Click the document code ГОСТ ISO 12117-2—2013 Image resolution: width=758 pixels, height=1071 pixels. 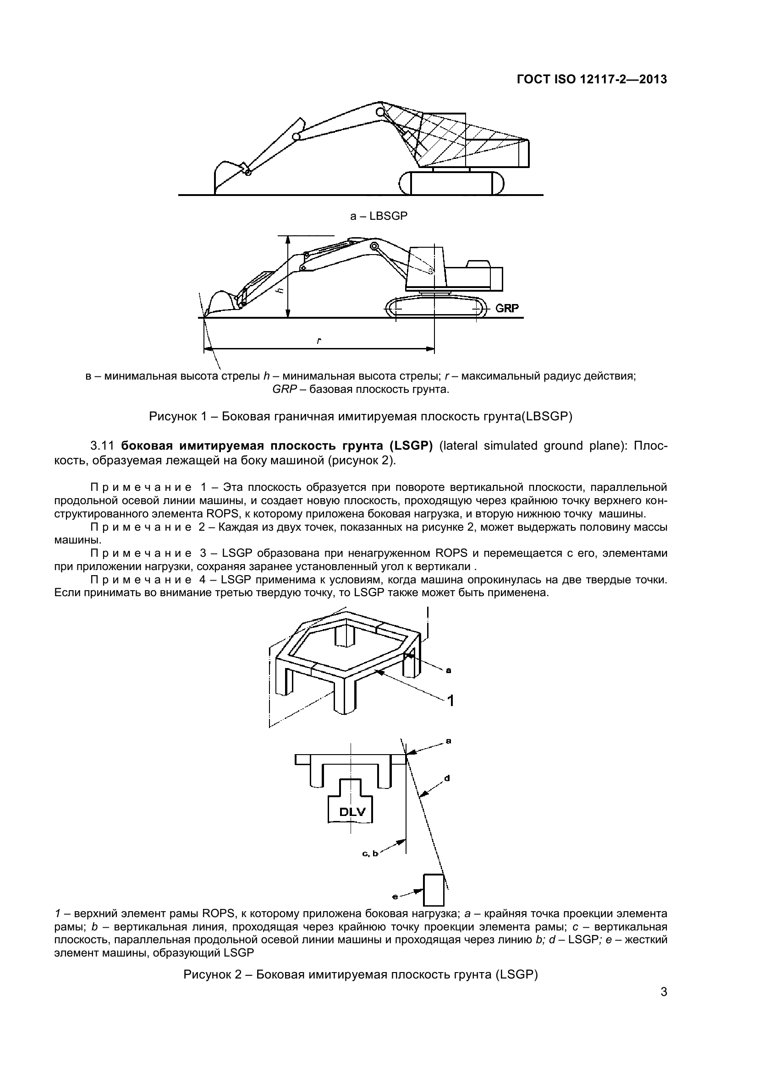click(x=591, y=79)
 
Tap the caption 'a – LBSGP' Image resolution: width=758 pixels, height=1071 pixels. click(x=379, y=216)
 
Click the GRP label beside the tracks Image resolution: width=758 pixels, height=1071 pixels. click(x=506, y=308)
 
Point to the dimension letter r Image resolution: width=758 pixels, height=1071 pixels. click(x=319, y=341)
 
